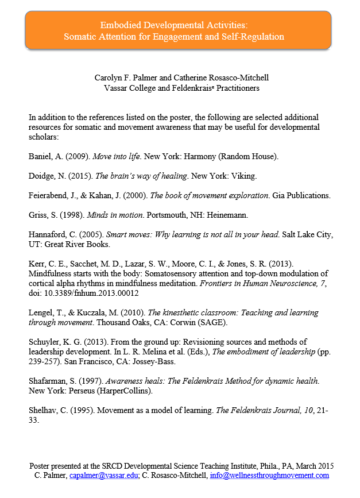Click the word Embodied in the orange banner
click(119, 25)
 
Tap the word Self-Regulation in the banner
click(254, 37)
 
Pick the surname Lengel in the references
click(41, 313)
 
